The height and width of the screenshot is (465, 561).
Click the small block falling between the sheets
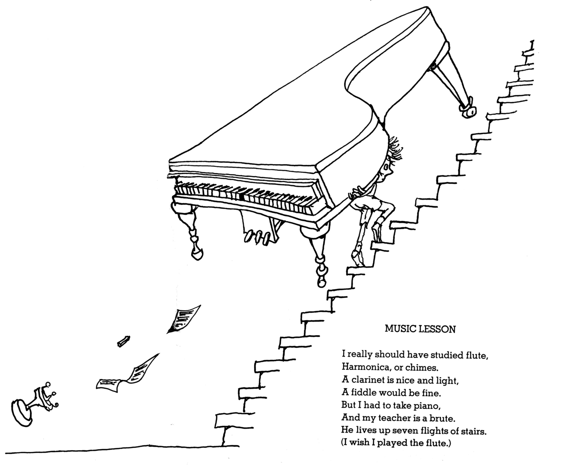[x=124, y=341]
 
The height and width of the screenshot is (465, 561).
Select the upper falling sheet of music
[x=184, y=319]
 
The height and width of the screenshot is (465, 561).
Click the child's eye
[x=386, y=168]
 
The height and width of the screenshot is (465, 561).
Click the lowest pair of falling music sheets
[x=127, y=373]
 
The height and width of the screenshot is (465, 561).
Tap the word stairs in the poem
[x=473, y=431]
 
